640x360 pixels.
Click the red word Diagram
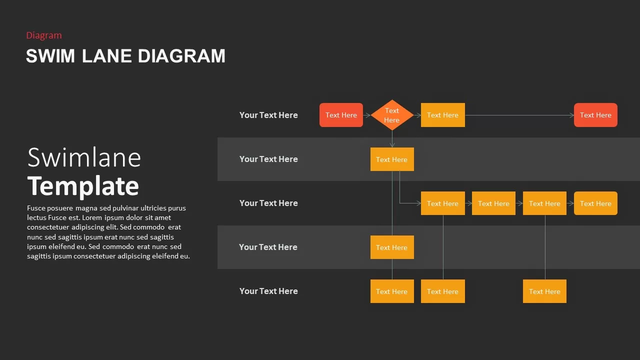pyautogui.click(x=44, y=35)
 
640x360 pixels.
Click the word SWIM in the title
pyautogui.click(x=50, y=55)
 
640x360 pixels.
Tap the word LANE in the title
pyautogui.click(x=106, y=55)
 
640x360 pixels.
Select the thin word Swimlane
pyautogui.click(x=84, y=157)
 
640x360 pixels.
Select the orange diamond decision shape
pyautogui.click(x=392, y=115)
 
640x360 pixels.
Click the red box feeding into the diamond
pyautogui.click(x=341, y=115)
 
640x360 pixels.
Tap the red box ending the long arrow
pyautogui.click(x=595, y=115)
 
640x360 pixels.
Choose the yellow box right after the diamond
pyautogui.click(x=443, y=115)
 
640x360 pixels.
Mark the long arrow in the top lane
pyautogui.click(x=519, y=115)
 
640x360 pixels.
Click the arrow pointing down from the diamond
pyautogui.click(x=392, y=139)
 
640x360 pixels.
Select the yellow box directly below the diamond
pyautogui.click(x=392, y=159)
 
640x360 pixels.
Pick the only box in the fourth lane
pyautogui.click(x=392, y=247)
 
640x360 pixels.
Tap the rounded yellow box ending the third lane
pyautogui.click(x=595, y=203)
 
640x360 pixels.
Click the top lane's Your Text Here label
pyautogui.click(x=268, y=115)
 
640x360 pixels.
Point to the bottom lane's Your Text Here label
pyautogui.click(x=268, y=291)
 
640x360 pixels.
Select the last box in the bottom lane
pyautogui.click(x=544, y=291)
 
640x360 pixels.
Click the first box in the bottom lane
pyautogui.click(x=392, y=291)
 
